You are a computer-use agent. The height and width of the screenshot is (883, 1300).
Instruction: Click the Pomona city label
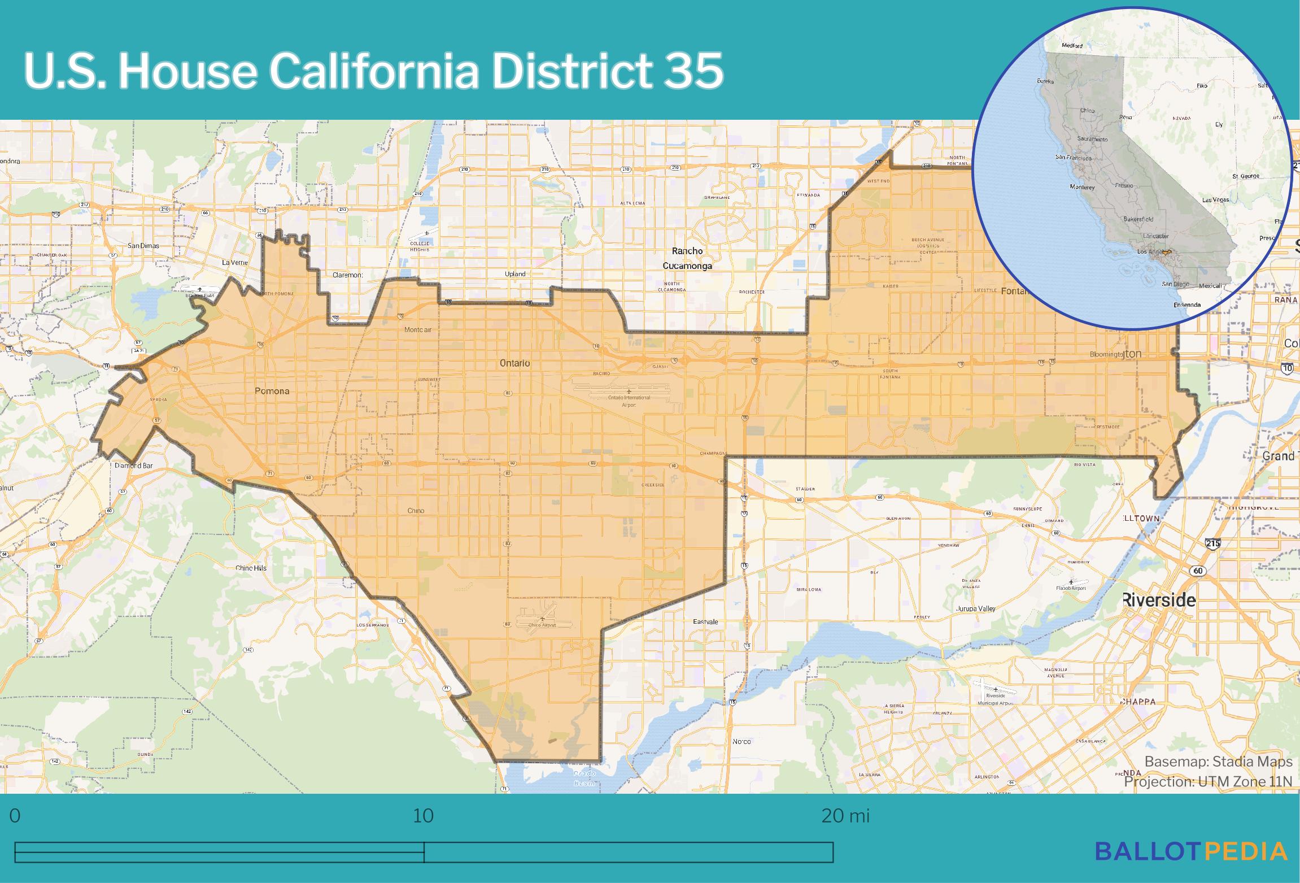(x=272, y=391)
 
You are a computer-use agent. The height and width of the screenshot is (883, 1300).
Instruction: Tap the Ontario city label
(x=514, y=363)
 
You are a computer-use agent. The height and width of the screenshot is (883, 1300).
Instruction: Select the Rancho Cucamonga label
(x=687, y=258)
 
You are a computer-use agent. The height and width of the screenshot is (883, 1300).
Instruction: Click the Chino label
(x=416, y=511)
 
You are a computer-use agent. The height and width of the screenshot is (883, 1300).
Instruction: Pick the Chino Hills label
(x=251, y=568)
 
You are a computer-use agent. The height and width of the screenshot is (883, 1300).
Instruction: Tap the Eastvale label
(x=705, y=621)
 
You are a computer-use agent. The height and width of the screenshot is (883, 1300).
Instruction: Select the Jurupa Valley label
(x=976, y=609)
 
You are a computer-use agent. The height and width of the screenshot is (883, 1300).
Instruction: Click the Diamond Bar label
(x=133, y=466)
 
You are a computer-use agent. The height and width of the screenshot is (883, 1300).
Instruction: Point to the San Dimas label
(x=143, y=246)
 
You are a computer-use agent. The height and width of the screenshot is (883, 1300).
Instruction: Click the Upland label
(x=515, y=274)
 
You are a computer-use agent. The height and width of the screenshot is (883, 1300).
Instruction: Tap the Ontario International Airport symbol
(x=629, y=392)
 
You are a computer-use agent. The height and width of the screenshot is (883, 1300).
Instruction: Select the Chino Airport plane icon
(x=543, y=619)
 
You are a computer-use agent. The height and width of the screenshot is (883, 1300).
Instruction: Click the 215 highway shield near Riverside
(x=1213, y=543)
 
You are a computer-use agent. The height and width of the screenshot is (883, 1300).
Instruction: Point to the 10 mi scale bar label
(x=423, y=816)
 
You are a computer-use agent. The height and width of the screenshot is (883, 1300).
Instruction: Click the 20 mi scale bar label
(x=845, y=816)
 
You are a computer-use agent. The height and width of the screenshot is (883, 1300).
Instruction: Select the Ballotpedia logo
(x=1192, y=851)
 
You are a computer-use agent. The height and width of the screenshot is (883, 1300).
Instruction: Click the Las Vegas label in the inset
(x=1215, y=200)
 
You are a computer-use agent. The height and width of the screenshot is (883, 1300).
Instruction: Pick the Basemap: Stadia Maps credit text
(x=1218, y=762)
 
